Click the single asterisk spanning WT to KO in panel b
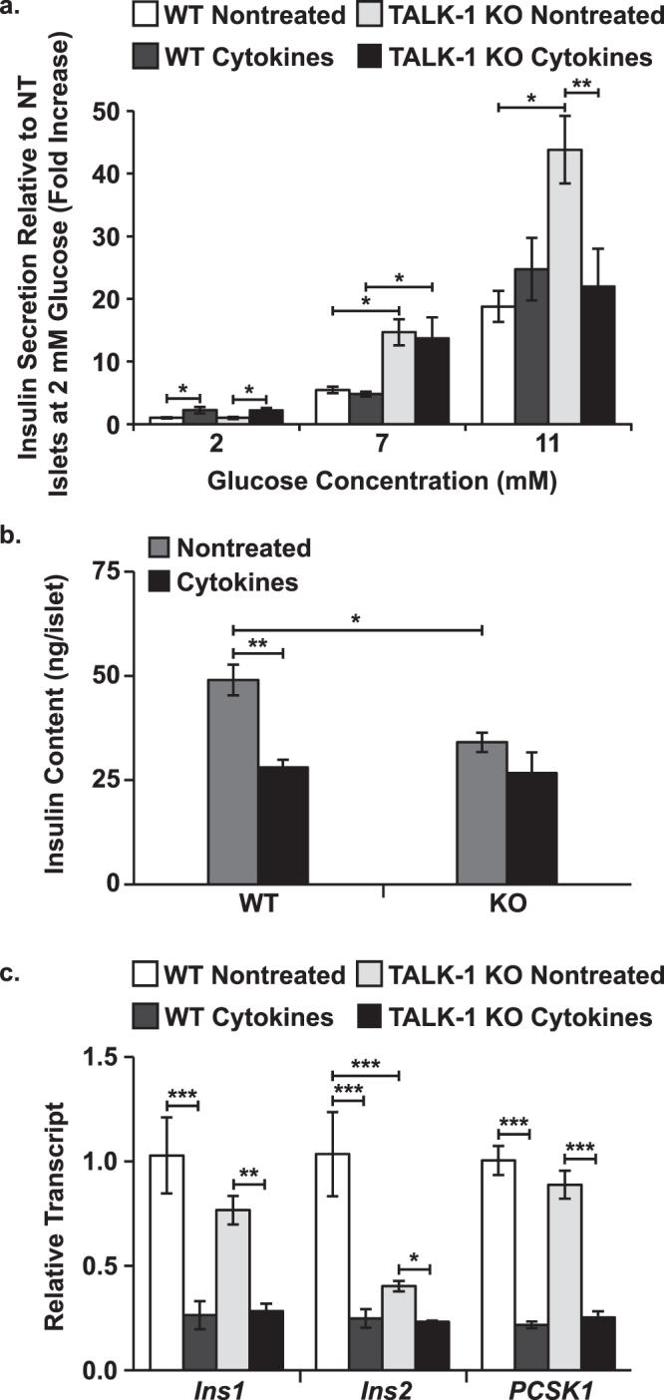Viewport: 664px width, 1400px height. click(357, 620)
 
